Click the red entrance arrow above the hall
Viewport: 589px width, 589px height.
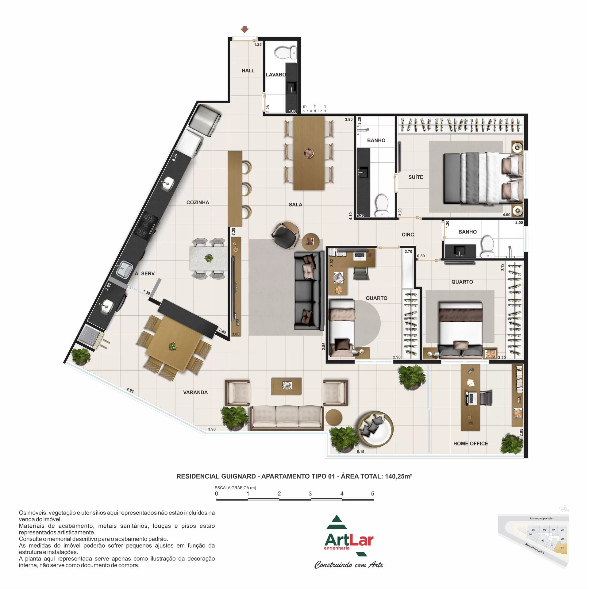(x=244, y=29)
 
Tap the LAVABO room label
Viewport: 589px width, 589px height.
(x=275, y=75)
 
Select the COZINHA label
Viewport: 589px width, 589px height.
(x=198, y=202)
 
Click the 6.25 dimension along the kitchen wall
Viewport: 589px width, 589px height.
(x=175, y=157)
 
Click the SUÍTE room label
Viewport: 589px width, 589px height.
(x=416, y=177)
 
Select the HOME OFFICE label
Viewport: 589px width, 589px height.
(x=471, y=444)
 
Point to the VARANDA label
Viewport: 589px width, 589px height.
(x=195, y=392)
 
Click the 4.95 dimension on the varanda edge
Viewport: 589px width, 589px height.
(x=130, y=391)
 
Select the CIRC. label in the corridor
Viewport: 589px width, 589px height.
(x=408, y=235)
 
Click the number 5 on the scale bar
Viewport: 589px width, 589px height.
(x=372, y=494)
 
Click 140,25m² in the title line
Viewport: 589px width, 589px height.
(x=398, y=476)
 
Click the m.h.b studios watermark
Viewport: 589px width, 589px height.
(x=314, y=109)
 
